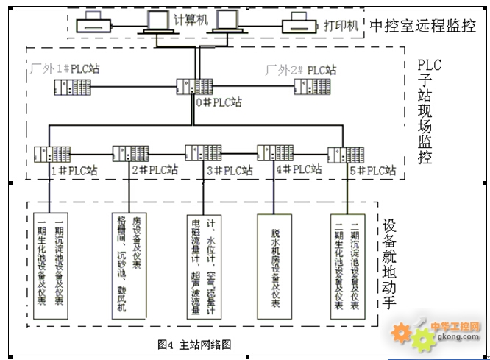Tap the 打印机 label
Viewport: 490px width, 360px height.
[341, 25]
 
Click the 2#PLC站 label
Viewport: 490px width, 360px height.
[154, 170]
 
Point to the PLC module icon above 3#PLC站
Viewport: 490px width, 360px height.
[202, 153]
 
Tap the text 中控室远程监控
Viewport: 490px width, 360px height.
[422, 27]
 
